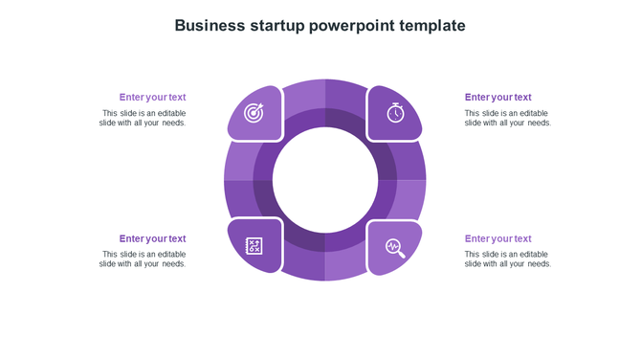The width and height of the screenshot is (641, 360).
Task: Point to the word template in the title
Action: click(x=431, y=26)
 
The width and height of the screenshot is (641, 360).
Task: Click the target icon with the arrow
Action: click(x=254, y=113)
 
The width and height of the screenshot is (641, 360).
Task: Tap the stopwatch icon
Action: click(x=395, y=112)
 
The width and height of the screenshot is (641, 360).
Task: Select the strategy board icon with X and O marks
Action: click(x=254, y=247)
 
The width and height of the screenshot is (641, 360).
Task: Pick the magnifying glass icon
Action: click(x=395, y=248)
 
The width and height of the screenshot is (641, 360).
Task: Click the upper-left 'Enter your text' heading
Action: click(x=152, y=97)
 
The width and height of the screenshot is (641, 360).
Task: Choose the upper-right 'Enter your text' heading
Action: click(x=497, y=97)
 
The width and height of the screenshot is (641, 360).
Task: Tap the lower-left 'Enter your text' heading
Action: click(x=152, y=238)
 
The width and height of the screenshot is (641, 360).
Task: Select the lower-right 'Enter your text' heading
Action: click(x=497, y=238)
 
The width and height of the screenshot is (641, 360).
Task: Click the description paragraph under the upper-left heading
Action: click(x=143, y=118)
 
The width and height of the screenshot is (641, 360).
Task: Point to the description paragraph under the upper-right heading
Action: click(x=508, y=118)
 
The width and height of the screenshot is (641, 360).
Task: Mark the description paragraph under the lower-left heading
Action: click(x=143, y=259)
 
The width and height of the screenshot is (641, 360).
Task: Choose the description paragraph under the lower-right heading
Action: click(x=508, y=259)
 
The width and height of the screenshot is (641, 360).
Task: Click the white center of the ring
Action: click(x=325, y=180)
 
